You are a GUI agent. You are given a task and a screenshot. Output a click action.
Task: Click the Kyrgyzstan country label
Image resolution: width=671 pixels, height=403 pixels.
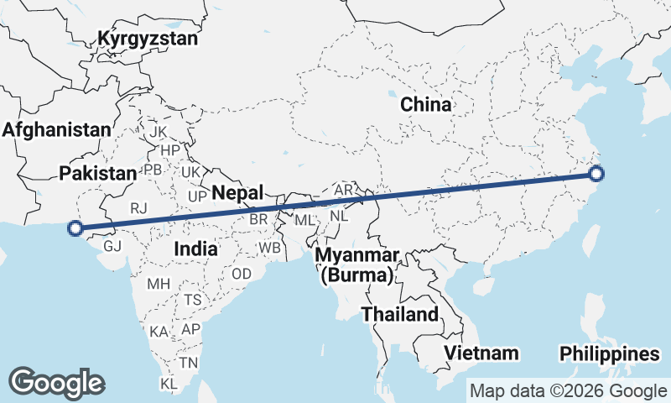pos(148,39)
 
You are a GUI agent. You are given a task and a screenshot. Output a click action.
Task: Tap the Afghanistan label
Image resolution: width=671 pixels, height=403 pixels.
pos(56,130)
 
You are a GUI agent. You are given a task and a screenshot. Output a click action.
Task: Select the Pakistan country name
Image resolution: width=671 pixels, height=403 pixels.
pos(97,173)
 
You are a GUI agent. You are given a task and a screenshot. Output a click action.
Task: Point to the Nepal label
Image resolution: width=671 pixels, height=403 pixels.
pos(237,192)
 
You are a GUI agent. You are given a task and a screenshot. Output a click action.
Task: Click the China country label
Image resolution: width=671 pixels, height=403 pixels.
pos(425,105)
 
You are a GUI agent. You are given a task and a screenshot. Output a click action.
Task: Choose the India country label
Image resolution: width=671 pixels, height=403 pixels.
pos(196,249)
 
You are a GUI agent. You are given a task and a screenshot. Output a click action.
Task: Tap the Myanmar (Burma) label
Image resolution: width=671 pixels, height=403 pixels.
pos(357,264)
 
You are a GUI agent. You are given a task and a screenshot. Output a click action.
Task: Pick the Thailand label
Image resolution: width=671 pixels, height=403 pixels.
pos(400,315)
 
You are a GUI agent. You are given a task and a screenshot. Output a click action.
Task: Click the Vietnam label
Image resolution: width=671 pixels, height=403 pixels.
pos(481,353)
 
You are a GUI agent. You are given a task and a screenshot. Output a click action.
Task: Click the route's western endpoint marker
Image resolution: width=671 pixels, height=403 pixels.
pos(75,228)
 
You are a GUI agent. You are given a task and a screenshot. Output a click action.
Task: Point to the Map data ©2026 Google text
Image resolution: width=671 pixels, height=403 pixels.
pos(568,390)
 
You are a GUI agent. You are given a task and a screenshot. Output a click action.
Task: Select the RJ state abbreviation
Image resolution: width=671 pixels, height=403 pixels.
pos(138,207)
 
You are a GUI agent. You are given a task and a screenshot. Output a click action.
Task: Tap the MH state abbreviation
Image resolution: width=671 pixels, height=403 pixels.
pos(159,284)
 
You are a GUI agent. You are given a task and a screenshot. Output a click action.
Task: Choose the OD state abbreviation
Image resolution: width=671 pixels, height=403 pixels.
pos(242,274)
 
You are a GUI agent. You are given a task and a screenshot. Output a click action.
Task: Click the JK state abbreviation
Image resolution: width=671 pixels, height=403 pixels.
pos(158,133)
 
